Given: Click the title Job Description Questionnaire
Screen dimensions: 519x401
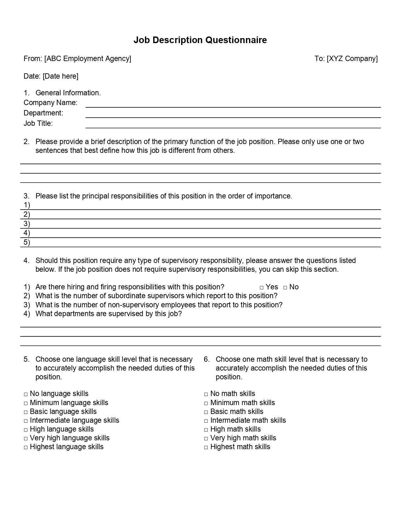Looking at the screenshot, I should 200,40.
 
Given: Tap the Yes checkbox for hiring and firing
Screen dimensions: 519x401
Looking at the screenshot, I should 262,287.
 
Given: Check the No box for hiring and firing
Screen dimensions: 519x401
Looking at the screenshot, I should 285,287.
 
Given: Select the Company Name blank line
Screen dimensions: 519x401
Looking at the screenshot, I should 233,105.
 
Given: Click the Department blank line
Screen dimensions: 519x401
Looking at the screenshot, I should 233,115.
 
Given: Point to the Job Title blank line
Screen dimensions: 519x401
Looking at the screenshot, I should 233,126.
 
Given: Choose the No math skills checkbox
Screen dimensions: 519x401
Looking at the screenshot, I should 206,394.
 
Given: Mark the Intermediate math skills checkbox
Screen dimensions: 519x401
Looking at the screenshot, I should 206,421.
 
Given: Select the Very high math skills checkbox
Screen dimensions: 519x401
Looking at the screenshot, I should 206,438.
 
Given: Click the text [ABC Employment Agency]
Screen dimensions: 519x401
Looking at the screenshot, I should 88,59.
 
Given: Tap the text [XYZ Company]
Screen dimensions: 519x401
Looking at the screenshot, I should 352,59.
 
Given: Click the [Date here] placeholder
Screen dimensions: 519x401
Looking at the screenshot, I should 61,76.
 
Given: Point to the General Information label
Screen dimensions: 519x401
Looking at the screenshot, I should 68,93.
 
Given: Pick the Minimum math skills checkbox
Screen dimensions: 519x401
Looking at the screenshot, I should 206,403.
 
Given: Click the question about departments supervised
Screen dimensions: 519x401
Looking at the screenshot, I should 109,314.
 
